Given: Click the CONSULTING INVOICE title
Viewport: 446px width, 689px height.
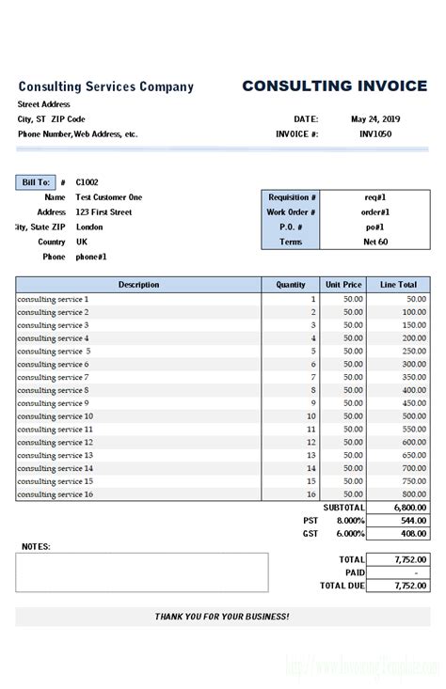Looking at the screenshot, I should [334, 86].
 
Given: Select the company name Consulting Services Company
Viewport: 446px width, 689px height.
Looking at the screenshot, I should [106, 87].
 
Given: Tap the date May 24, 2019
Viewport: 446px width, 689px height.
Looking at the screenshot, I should [375, 119].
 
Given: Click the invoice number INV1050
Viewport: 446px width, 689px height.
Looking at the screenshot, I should [375, 134].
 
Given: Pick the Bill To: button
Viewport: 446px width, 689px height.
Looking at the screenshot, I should [36, 182].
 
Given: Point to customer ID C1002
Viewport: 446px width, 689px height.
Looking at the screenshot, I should [88, 182].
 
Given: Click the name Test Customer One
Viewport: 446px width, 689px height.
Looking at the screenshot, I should [109, 197].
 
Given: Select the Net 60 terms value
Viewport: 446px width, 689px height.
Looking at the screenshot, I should [375, 242].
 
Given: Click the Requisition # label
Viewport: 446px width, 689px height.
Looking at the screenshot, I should [293, 197].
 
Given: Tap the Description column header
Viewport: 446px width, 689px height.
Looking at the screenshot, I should [138, 285].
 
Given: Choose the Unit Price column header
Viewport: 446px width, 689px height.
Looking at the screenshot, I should [343, 285].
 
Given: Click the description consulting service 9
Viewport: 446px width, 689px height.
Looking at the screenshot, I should [53, 403].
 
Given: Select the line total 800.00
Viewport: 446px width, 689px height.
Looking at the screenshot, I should [414, 494].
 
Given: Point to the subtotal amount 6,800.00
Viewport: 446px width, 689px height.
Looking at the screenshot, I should [409, 508].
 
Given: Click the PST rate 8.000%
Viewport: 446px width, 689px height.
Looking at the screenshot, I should [350, 520].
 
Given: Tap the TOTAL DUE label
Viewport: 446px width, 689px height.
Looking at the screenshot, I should [342, 586].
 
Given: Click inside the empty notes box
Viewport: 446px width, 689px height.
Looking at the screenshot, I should [141, 572].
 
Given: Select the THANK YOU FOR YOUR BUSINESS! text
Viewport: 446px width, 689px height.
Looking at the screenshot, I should [222, 617].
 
